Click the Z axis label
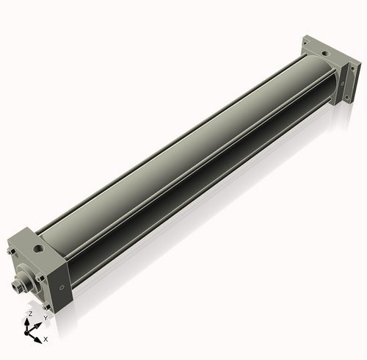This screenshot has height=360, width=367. [x=29, y=314]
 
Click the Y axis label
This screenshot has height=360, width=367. [x=46, y=317]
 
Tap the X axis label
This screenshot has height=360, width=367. [x=46, y=339]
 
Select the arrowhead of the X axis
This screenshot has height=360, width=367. [x=39, y=339]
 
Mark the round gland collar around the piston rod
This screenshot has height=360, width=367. [x=27, y=284]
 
